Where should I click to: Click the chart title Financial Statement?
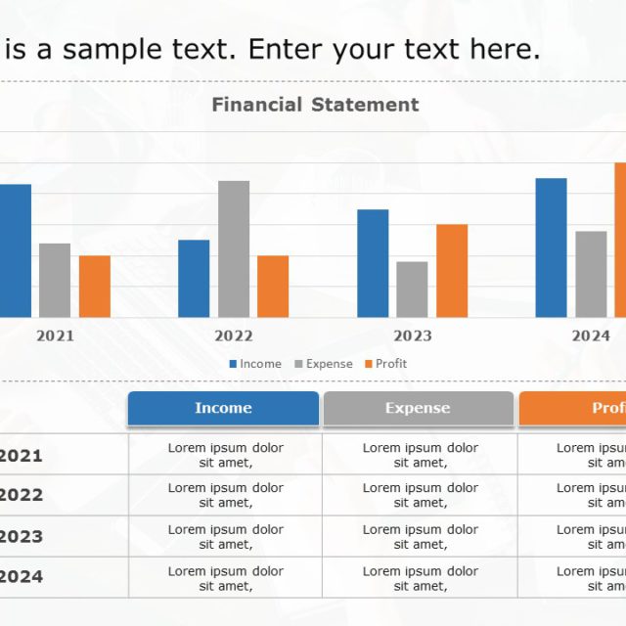[315, 105]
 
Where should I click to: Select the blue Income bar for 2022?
[194, 279]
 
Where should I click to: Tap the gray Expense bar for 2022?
[234, 249]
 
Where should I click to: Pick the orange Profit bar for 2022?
[273, 287]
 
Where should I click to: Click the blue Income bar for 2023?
[373, 263]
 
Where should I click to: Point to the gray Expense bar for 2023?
[412, 290]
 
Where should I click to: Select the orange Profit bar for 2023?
[452, 271]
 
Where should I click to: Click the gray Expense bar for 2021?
[55, 281]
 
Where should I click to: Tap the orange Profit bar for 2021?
[95, 287]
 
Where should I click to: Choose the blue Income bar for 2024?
[551, 247]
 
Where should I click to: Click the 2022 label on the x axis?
[234, 335]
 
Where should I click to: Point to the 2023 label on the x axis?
[413, 335]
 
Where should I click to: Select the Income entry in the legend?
[255, 364]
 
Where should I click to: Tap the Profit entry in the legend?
[385, 364]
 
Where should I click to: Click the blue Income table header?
[223, 408]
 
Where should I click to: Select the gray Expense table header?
[418, 408]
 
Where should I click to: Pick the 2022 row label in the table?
[21, 495]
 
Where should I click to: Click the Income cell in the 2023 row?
[226, 536]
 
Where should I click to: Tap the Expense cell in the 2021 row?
[421, 455]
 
